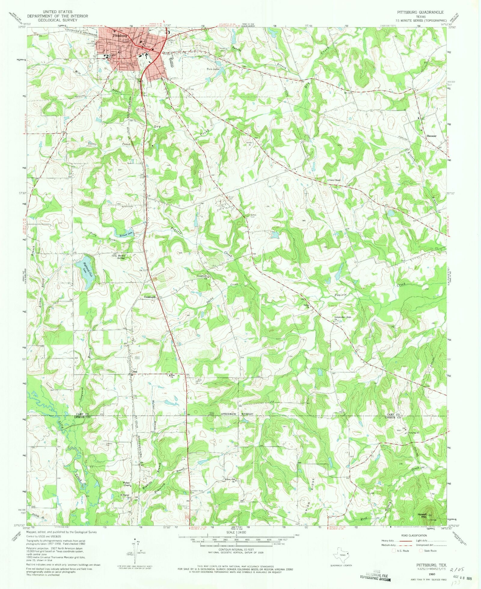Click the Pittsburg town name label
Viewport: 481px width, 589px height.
click(120, 36)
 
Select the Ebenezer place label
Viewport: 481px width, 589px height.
click(431, 136)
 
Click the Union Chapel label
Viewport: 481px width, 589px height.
click(335, 180)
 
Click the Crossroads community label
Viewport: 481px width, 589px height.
click(149, 297)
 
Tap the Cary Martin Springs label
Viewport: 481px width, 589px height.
click(118, 257)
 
